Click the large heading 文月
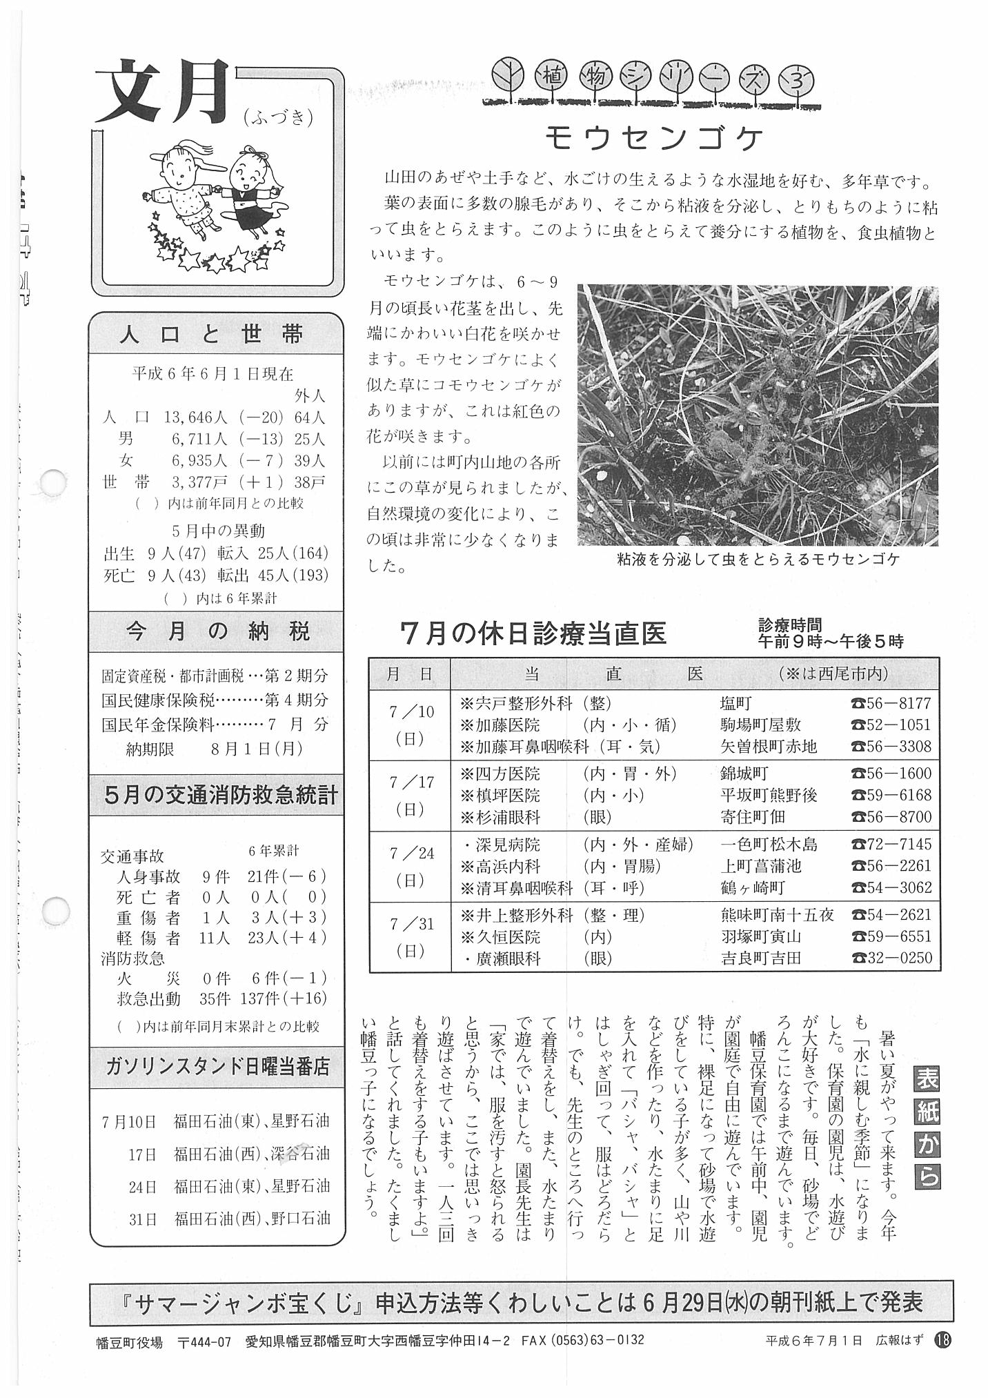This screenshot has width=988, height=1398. [161, 92]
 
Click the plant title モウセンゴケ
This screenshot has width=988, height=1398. [654, 139]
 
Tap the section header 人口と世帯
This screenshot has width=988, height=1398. [212, 335]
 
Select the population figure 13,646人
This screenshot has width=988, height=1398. [196, 417]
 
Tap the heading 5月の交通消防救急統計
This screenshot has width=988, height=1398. [221, 795]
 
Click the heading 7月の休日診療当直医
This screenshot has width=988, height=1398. [533, 633]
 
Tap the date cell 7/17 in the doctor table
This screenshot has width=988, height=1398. [411, 795]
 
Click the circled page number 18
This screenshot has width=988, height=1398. [942, 1340]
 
